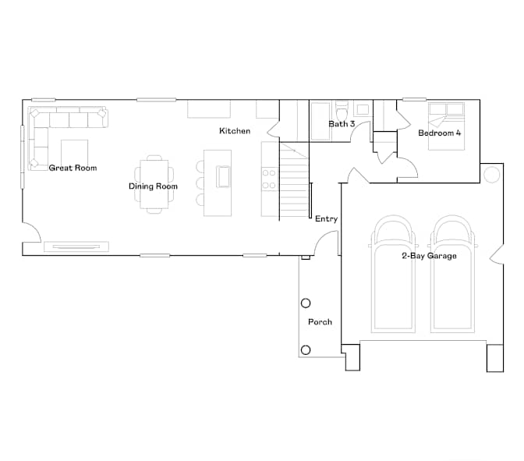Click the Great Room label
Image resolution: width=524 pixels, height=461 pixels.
tap(73, 168)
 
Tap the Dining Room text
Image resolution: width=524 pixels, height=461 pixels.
tap(153, 186)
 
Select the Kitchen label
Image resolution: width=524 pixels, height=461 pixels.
tap(235, 131)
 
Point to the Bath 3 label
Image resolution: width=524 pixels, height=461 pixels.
tap(342, 124)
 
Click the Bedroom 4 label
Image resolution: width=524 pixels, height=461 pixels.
tap(440, 133)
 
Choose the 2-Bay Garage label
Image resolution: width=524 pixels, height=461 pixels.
tap(429, 256)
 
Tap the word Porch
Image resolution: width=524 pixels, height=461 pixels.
tap(320, 322)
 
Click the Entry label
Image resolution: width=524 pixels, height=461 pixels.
tap(327, 219)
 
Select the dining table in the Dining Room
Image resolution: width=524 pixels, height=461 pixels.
tap(154, 184)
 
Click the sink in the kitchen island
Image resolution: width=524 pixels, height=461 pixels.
tap(223, 176)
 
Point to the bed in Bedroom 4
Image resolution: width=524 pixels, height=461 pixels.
tap(447, 126)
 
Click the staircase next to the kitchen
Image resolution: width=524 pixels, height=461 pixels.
tap(294, 180)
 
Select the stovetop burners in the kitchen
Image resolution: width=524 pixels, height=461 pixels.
tap(269, 179)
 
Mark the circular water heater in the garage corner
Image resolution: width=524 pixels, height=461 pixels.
tap(491, 174)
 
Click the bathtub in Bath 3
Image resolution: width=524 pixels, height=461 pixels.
tap(320, 121)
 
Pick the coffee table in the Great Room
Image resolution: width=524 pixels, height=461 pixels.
tap(75, 153)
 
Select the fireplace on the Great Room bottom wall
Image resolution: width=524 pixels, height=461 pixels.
tap(76, 246)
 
